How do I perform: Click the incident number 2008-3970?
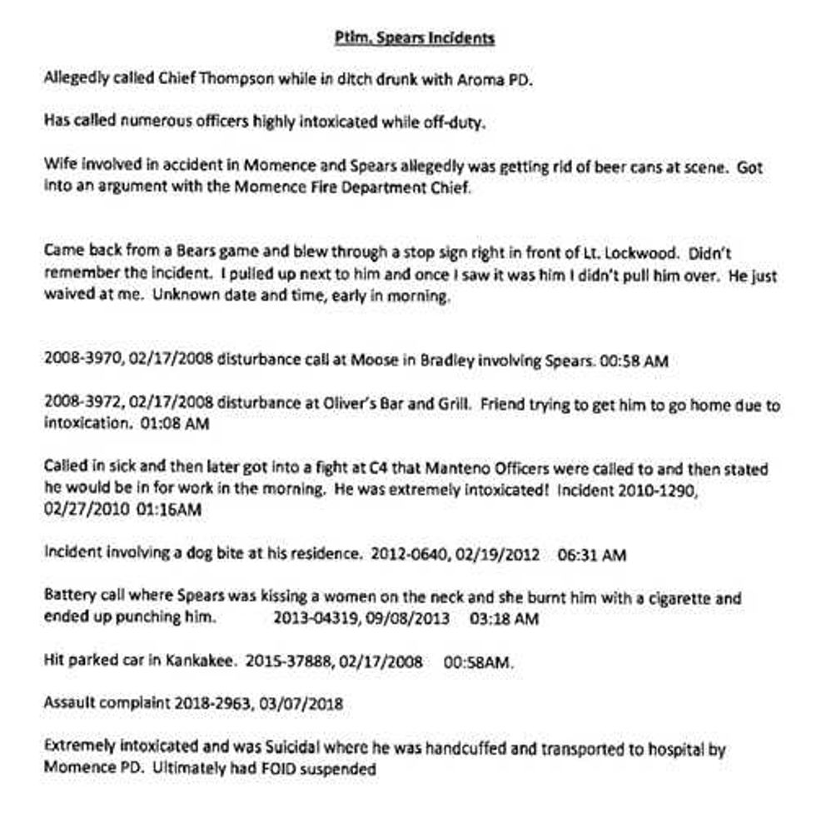pyautogui.click(x=77, y=362)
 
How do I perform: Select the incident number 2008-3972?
pyautogui.click(x=77, y=406)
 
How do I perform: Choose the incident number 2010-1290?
pyautogui.click(x=648, y=491)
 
